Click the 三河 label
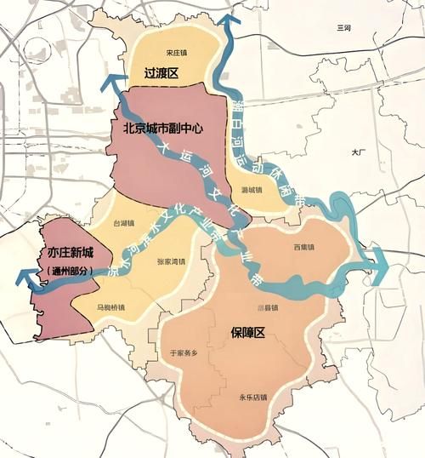[x=343, y=29]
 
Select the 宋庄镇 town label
[x=178, y=51]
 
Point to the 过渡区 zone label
[x=161, y=74]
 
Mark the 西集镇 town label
[x=303, y=248]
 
